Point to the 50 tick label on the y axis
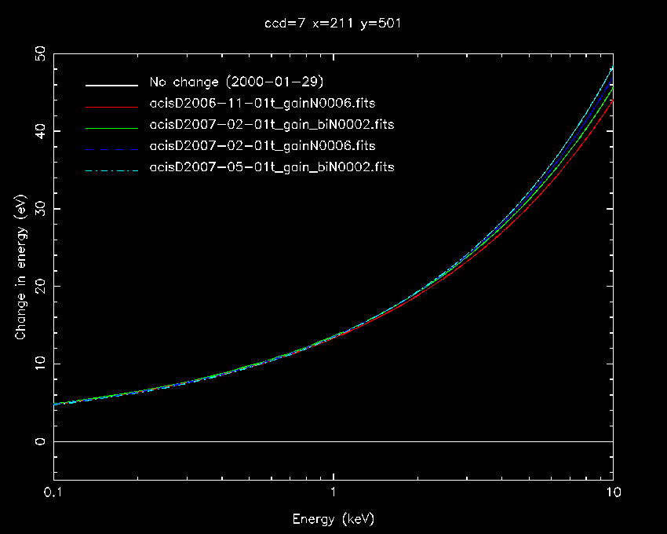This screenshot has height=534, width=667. pyautogui.click(x=38, y=54)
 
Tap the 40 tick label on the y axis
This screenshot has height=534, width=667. pyautogui.click(x=38, y=131)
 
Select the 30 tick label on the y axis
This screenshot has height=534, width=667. pyautogui.click(x=38, y=209)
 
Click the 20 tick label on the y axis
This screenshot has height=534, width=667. pyautogui.click(x=38, y=287)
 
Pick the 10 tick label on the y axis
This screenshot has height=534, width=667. pyautogui.click(x=38, y=364)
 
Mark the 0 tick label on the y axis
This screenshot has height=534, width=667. pyautogui.click(x=38, y=441)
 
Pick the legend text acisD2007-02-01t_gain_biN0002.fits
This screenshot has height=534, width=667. pyautogui.click(x=272, y=125)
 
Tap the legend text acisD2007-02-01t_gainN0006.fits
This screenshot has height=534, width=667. pyautogui.click(x=262, y=146)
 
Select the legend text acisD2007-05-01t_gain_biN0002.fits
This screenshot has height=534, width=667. pyautogui.click(x=272, y=167)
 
